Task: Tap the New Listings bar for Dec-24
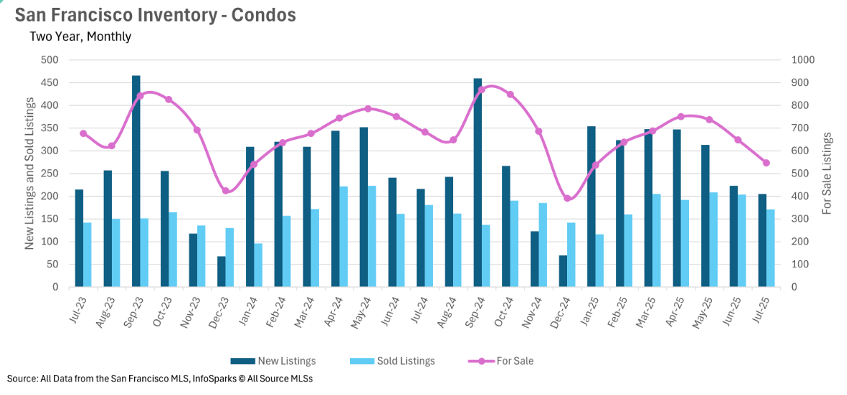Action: [563, 271]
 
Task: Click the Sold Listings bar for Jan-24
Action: [258, 265]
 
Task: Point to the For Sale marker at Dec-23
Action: [226, 191]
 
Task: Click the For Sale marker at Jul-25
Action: [766, 163]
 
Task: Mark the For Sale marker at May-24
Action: [368, 109]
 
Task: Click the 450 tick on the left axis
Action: [49, 82]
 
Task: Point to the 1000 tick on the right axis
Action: [803, 60]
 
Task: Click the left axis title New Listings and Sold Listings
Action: [30, 173]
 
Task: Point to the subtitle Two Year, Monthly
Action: [80, 36]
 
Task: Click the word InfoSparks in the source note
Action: [216, 378]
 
